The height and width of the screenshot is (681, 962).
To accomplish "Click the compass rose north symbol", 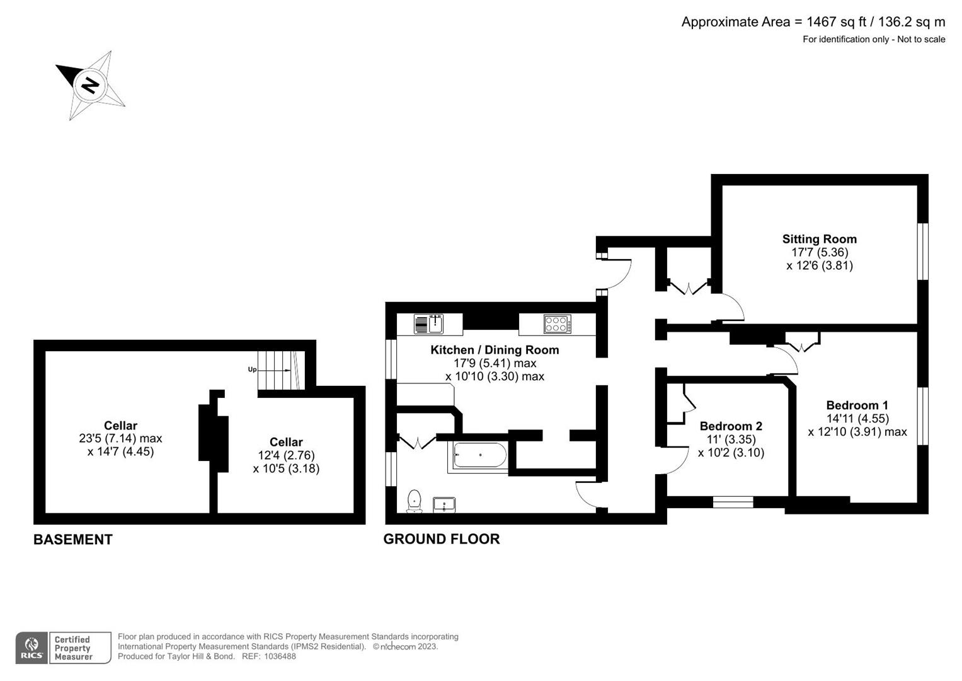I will [90, 84].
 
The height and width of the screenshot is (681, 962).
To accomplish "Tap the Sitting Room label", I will [819, 239].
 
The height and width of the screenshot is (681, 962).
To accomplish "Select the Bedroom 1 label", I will [857, 405].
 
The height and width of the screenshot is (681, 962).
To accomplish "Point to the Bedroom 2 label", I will [731, 426].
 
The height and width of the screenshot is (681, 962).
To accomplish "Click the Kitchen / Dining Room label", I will [495, 350].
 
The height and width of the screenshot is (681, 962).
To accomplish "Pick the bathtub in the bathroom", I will [479, 455].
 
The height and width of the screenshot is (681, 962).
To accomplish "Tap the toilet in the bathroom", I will [415, 501].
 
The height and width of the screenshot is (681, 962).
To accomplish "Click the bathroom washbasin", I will [445, 504].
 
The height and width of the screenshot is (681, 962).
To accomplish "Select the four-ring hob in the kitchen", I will [558, 324].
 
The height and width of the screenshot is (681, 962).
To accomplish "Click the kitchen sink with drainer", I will [428, 323].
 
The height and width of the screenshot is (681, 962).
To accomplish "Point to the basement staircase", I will [277, 371].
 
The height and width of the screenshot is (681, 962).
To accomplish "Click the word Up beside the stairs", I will [252, 370].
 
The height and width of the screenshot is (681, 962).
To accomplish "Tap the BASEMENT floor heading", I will [72, 540].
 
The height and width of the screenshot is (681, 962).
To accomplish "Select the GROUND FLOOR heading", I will [441, 539].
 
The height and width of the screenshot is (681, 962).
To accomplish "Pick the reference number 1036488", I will [278, 656].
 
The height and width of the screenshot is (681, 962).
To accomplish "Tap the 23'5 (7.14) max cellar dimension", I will [120, 438].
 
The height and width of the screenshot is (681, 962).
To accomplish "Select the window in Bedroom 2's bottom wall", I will [733, 502].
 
